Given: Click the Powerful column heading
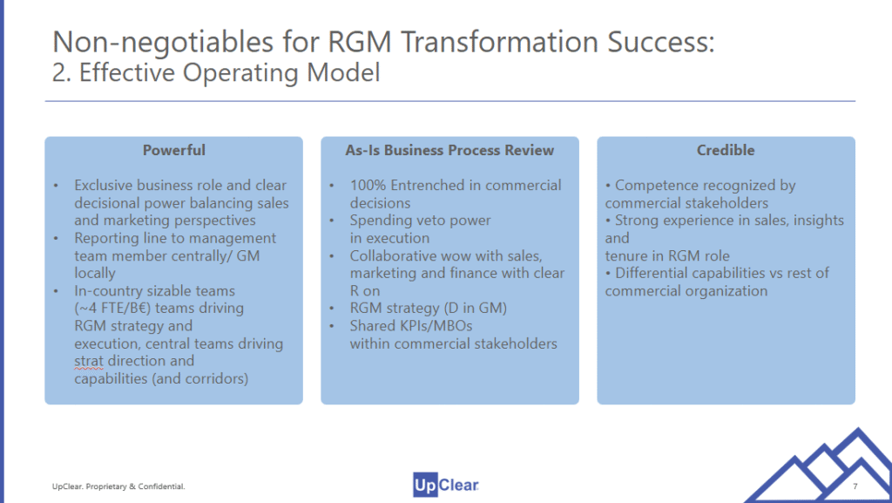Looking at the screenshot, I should (x=174, y=150).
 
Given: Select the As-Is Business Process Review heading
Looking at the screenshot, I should (x=449, y=150).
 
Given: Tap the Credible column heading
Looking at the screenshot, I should (x=726, y=150).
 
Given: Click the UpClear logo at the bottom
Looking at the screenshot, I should (x=446, y=484).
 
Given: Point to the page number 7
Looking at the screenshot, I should (x=855, y=485).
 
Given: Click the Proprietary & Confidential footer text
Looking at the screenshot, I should (x=118, y=485).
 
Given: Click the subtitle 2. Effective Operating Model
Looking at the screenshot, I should (x=216, y=73).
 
